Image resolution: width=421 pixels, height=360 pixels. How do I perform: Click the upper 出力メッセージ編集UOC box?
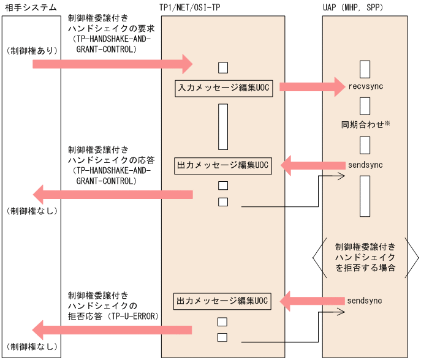tap(222, 165)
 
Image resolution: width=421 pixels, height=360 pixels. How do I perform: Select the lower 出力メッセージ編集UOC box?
tap(222, 301)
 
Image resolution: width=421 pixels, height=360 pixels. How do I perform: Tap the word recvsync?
tap(365, 87)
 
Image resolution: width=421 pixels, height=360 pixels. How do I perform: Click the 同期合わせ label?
tap(362, 125)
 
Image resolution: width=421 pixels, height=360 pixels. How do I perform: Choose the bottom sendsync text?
tap(365, 301)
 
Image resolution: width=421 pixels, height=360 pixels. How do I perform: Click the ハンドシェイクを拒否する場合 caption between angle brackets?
tap(365, 258)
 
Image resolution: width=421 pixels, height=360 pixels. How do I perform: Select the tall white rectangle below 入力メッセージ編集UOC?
tap(223, 127)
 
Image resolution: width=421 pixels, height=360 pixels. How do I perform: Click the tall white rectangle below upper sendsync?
tap(365, 196)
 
